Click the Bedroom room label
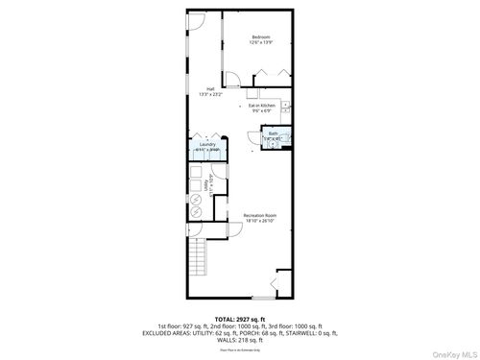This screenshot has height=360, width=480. (x=261, y=37)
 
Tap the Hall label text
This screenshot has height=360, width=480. (x=209, y=89)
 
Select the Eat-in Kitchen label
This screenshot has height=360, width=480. (x=263, y=106)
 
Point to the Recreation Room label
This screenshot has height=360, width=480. (x=259, y=215)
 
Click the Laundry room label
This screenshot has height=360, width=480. (x=207, y=145)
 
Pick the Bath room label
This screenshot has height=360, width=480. (x=273, y=133)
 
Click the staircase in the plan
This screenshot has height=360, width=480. (x=199, y=257)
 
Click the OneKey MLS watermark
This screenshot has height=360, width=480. (x=451, y=350)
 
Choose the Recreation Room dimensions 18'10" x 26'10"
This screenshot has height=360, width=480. (x=259, y=221)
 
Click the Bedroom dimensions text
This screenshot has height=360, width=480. (x=261, y=43)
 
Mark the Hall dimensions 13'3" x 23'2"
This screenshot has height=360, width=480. (x=209, y=95)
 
